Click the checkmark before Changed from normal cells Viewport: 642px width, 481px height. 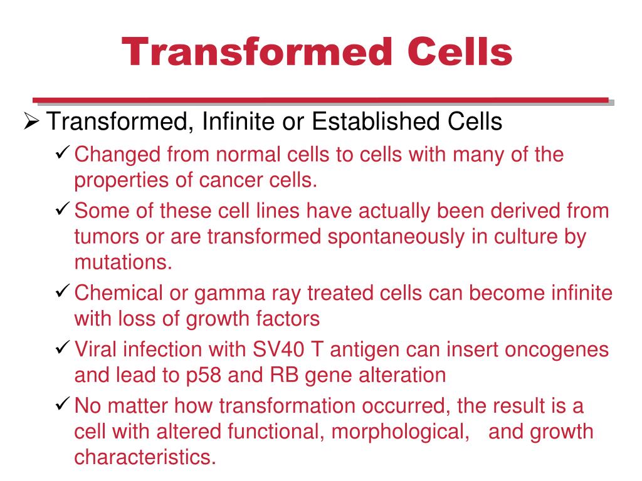(x=63, y=153)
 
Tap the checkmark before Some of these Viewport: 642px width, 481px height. (x=63, y=210)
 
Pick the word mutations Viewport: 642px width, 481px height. (x=123, y=262)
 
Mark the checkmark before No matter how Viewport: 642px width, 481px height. (x=63, y=405)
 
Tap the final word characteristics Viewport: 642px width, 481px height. (x=145, y=457)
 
